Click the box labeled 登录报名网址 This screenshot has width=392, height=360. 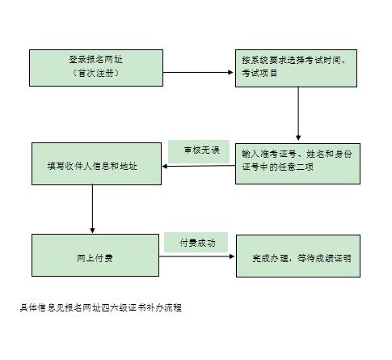coord(96,68)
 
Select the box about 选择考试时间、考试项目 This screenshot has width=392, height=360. coord(296,68)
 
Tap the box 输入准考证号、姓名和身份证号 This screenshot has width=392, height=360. coord(297,163)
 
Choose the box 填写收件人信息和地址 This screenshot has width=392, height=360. coord(96,163)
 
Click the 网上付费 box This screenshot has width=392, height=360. coord(95,255)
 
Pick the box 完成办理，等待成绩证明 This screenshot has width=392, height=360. coord(298,256)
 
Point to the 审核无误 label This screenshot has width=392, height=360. coord(202,150)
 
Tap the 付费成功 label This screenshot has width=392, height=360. coord(198,243)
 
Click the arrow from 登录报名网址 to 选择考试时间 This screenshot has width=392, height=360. coord(198,72)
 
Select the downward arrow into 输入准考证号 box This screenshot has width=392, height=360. coord(298,113)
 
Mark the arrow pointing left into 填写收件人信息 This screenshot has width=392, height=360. coord(199,166)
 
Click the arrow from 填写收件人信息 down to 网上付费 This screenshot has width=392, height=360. coord(92,209)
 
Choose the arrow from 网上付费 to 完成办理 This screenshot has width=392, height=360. coord(196,256)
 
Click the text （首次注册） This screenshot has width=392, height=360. coord(96,73)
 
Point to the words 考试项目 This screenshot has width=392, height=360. coord(259,73)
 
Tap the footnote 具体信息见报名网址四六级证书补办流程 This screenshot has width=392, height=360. coord(101,307)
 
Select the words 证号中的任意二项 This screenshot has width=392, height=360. coord(278,167)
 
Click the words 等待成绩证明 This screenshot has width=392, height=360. coord(324,258)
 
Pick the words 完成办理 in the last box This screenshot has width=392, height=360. coord(270,258)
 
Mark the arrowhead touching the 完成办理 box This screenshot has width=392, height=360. coord(232,256)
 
